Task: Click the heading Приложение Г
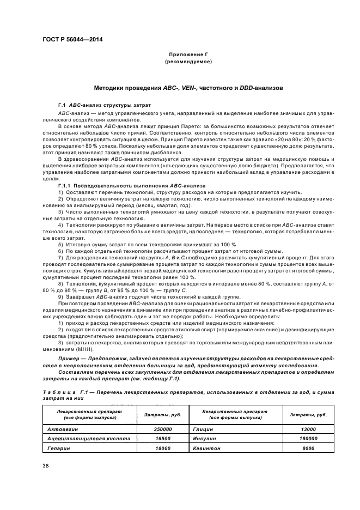click(x=188, y=56)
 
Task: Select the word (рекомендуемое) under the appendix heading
click(x=188, y=62)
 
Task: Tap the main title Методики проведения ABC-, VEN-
click(x=188, y=87)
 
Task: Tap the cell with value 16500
click(x=162, y=438)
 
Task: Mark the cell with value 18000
click(x=162, y=447)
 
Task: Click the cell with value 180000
click(x=308, y=438)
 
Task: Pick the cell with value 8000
click(x=308, y=447)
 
